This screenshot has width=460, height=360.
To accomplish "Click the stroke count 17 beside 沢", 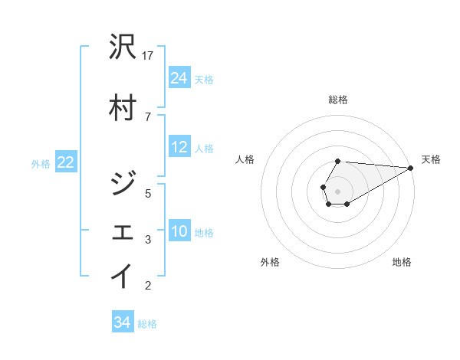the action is tap(149, 56).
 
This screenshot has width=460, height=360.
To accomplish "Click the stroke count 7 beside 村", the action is tap(147, 116).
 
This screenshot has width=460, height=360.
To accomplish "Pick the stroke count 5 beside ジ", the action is tap(148, 193).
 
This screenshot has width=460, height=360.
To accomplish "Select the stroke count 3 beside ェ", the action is tap(148, 240).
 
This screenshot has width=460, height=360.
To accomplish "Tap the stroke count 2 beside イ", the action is tap(148, 286).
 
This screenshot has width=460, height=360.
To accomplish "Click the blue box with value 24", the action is tap(179, 77).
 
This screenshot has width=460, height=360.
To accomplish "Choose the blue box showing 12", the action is tap(179, 147).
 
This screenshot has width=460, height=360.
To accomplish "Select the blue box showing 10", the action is tap(179, 231).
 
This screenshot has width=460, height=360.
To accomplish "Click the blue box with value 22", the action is tap(65, 162).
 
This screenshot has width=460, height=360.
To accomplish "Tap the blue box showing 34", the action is tap(122, 322).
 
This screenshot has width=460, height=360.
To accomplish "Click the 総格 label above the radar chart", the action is tap(338, 100).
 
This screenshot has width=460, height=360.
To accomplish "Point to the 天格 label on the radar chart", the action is tap(431, 159).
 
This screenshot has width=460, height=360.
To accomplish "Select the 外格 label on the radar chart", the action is tap(270, 262).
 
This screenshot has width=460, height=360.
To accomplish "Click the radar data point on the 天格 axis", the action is tap(411, 168).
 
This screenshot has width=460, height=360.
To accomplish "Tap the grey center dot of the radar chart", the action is tap(338, 190).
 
